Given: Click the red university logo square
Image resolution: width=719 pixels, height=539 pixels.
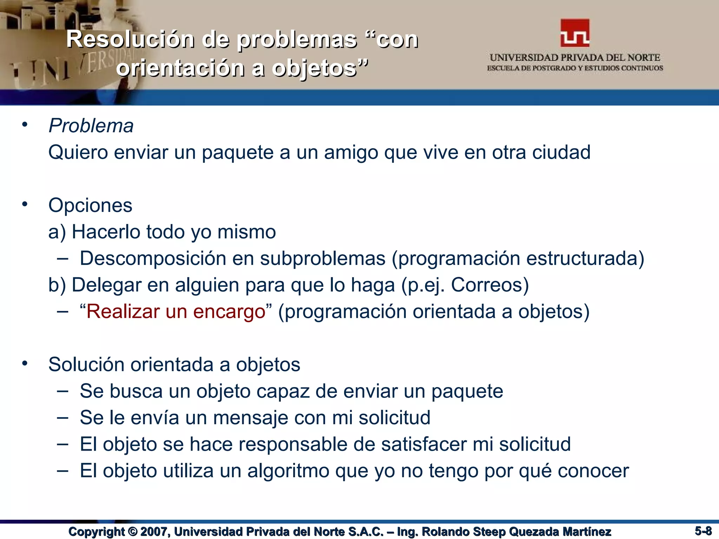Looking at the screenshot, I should pyautogui.click(x=575, y=33).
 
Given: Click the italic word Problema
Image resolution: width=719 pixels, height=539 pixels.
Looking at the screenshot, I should pyautogui.click(x=91, y=126).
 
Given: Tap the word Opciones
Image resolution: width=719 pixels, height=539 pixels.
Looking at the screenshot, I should pyautogui.click(x=90, y=205).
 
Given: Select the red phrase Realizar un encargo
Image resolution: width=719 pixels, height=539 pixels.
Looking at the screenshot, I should pyautogui.click(x=176, y=312).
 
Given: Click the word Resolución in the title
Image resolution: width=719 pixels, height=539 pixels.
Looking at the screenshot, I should pyautogui.click(x=130, y=39).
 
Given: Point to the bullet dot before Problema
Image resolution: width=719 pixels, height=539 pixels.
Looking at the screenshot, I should pyautogui.click(x=24, y=125).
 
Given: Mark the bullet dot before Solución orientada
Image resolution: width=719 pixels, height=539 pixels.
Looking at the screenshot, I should pyautogui.click(x=24, y=364).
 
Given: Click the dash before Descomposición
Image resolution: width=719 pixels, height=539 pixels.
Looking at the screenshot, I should pyautogui.click(x=62, y=259).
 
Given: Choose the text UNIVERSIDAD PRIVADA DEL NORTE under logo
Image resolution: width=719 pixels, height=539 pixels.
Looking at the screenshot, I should pyautogui.click(x=575, y=58).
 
